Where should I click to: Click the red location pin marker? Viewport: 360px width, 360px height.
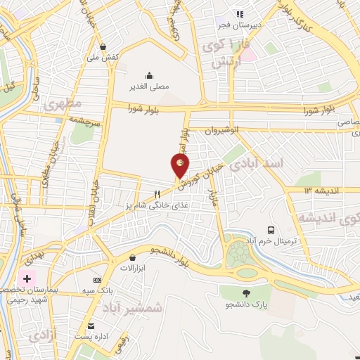(180, 165)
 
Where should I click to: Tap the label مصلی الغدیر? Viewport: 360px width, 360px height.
(148, 87)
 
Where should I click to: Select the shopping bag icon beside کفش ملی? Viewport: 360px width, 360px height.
(103, 47)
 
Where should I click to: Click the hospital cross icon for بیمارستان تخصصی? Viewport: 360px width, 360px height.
(27, 279)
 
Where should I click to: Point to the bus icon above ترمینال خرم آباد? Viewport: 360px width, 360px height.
(271, 230)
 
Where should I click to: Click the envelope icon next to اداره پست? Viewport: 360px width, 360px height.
(91, 326)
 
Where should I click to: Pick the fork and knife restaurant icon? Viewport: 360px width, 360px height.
(158, 195)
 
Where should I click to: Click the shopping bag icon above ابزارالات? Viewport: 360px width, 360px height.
(132, 257)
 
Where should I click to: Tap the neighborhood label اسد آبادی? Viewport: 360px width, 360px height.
(270, 164)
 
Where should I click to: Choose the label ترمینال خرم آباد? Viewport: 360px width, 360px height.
(270, 241)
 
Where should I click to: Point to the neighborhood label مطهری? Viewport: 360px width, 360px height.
(63, 105)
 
